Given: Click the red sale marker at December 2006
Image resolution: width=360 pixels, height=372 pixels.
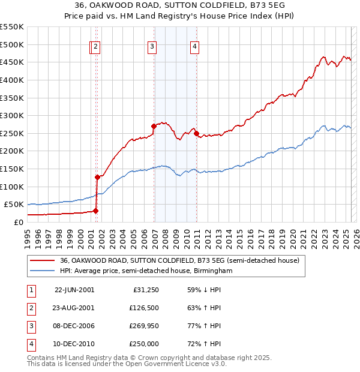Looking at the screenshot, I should point(154,126).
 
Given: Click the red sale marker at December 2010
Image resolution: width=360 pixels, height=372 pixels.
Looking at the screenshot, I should point(196,133).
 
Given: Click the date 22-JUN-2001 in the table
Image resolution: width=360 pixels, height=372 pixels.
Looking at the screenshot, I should point(74,290).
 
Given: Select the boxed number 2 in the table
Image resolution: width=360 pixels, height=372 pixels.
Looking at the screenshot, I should point(30,308).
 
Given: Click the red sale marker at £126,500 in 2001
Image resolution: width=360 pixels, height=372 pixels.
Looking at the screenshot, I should point(97,177).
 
